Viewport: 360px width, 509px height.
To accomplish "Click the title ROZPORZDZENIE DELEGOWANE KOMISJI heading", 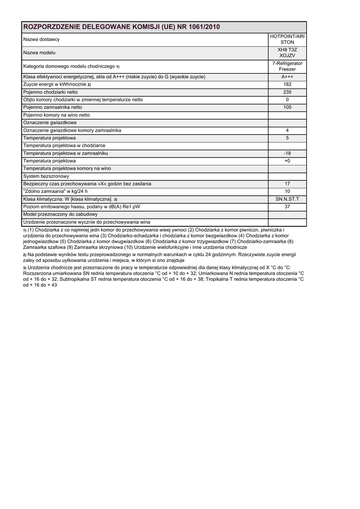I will click(122, 27).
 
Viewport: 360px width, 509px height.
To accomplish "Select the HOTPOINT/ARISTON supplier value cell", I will click(287, 39).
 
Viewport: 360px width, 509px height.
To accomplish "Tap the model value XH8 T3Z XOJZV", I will click(287, 53).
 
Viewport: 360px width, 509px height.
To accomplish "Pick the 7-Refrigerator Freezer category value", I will click(287, 66).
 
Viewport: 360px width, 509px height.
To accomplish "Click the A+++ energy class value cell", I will click(287, 77).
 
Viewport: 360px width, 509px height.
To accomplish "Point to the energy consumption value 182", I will click(287, 85).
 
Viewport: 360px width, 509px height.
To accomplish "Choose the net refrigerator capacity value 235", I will click(287, 92).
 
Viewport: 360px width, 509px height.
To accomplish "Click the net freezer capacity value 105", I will click(287, 107).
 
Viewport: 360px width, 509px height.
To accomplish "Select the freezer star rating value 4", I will click(287, 130).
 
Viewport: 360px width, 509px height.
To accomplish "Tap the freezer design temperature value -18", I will click(287, 153).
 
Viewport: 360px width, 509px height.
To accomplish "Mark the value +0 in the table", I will click(287, 161).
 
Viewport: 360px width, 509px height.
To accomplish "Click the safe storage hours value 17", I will click(287, 183).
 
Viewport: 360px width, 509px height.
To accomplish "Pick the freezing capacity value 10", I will click(287, 191).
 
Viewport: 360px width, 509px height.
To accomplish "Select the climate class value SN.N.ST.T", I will click(287, 199).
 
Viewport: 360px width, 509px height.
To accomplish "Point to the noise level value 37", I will click(287, 206).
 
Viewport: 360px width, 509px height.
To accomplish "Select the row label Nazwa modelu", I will click(39, 53).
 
